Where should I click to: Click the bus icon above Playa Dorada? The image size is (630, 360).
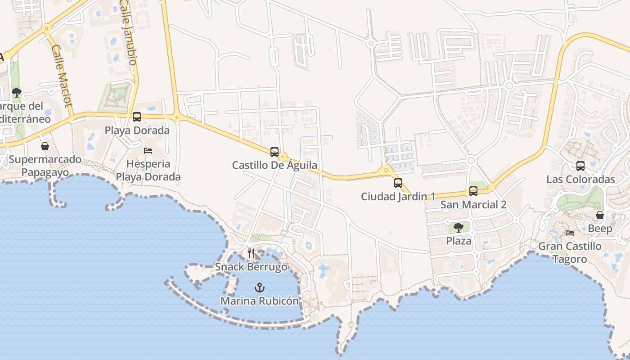pos(137,117)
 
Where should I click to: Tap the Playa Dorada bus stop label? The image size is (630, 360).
pos(137,130)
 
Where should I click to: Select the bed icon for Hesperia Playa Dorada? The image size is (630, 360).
pos(148,151)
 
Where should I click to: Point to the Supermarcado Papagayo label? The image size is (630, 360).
pos(45,166)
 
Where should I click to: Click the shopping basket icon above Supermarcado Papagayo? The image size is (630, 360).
pos(45,146)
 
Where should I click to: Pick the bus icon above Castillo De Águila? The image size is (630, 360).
pos(274,152)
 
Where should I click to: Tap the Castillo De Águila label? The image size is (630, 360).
pos(274,165)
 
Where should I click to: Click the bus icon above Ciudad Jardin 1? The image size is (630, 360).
pos(398,183)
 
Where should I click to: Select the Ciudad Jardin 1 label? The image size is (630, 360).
pos(398,197)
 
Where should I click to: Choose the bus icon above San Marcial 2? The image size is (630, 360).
pos(473,191)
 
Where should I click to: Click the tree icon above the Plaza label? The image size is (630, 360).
pos(459,228)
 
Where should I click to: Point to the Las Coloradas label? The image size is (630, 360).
pos(580,179)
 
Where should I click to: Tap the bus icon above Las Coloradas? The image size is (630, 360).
pos(580,166)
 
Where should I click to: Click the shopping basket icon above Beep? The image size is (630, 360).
pos(600,216)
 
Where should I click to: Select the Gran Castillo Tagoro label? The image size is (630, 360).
pos(570,252)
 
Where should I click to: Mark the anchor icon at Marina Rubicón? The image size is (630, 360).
pos(260,288)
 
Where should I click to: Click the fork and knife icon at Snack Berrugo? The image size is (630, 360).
pos(251,253)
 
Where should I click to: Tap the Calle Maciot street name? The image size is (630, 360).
pos(62,76)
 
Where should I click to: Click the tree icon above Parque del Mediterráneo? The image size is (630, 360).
pos(17,93)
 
